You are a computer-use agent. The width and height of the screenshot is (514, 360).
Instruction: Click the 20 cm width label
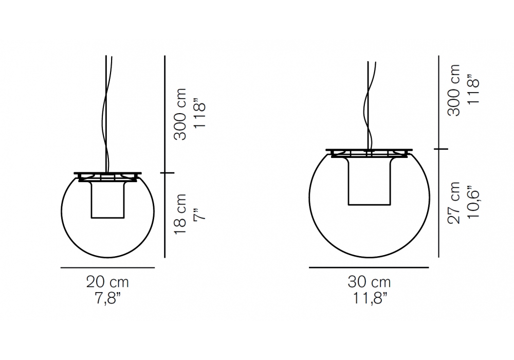(107, 282)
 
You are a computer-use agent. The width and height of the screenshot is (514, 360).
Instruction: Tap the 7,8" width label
(108, 298)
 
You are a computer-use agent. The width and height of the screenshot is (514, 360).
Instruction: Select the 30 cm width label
(369, 282)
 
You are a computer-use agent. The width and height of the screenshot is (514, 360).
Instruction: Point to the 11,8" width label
(370, 298)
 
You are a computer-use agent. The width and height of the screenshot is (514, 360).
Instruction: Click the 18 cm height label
(180, 214)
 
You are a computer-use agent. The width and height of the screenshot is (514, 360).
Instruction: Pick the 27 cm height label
(454, 203)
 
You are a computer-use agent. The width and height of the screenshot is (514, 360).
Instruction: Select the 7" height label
(199, 213)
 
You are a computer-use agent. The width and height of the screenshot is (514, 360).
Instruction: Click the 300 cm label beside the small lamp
(180, 114)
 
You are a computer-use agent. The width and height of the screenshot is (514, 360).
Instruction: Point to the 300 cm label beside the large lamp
(454, 90)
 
